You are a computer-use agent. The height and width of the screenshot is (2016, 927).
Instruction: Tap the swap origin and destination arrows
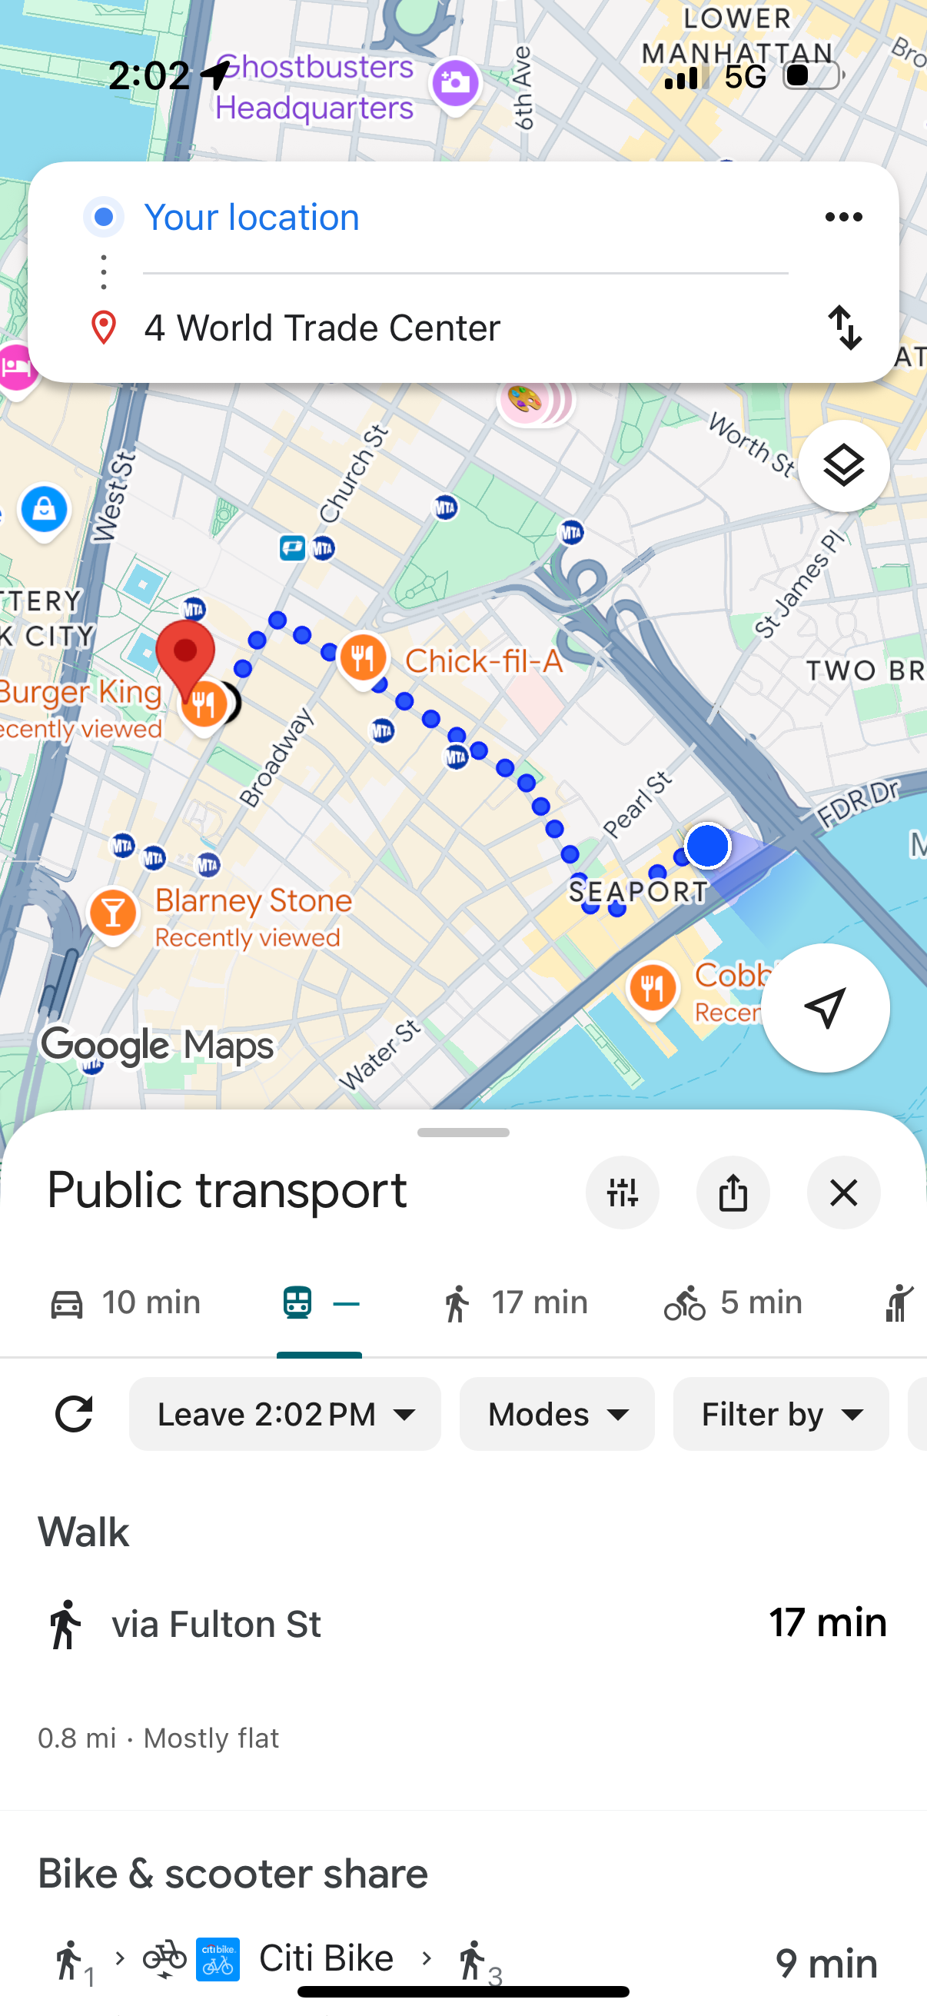point(844,327)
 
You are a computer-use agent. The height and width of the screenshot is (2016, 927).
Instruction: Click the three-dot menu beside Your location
point(843,217)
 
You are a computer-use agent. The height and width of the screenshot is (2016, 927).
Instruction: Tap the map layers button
point(843,467)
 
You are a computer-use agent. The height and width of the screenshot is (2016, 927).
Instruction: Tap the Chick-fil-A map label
point(483,661)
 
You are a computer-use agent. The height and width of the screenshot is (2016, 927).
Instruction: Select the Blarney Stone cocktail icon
point(114,913)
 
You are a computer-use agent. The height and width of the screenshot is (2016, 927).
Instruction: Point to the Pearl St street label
point(637,803)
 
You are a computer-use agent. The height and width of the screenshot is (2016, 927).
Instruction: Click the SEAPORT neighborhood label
point(638,891)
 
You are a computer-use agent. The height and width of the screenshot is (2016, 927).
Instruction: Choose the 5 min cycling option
point(733,1303)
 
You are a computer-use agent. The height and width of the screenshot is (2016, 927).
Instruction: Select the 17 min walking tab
point(514,1303)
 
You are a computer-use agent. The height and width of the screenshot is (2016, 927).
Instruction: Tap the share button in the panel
point(733,1193)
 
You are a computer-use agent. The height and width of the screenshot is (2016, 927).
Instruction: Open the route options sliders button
point(622,1193)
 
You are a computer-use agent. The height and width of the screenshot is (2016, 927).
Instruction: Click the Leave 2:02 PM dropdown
point(284,1414)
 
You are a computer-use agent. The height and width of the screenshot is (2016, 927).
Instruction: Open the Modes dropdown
point(557,1414)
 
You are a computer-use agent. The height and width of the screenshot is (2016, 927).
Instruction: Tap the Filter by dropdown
point(781,1414)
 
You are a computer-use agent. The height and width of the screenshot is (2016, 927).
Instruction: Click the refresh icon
point(74,1414)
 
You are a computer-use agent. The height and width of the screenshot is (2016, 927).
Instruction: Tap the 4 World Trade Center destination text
point(321,328)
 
